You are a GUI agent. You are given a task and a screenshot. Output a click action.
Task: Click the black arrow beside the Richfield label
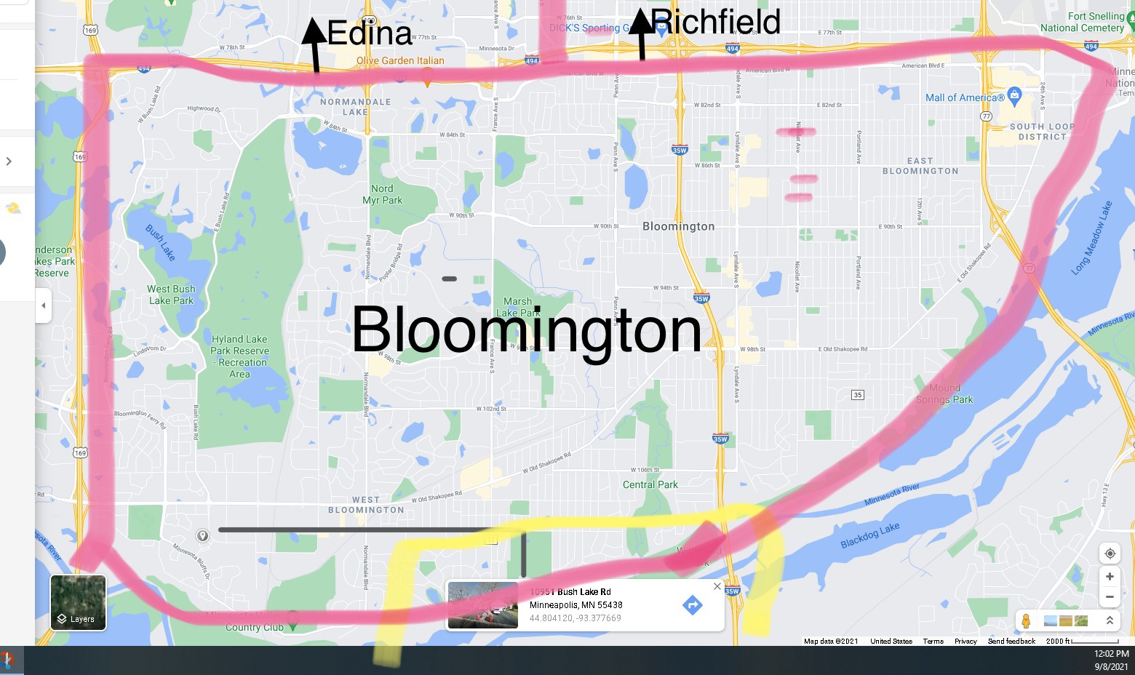click(x=641, y=33)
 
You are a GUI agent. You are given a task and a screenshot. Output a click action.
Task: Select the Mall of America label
click(x=965, y=97)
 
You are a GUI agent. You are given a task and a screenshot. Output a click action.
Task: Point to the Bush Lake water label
click(x=160, y=242)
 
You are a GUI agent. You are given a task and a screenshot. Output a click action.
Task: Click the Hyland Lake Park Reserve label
click(x=240, y=356)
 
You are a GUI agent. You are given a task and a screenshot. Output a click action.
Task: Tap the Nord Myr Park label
click(x=382, y=194)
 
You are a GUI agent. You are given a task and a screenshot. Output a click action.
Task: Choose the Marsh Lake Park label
click(x=517, y=307)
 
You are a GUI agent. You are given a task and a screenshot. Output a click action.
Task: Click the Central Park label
click(x=650, y=484)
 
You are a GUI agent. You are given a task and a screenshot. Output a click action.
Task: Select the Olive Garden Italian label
click(x=400, y=61)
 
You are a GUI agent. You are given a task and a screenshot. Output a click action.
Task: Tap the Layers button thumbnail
click(x=78, y=602)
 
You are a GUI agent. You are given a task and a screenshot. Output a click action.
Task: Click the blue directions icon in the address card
click(x=692, y=604)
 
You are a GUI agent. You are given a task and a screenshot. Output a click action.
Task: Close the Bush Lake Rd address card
click(x=717, y=586)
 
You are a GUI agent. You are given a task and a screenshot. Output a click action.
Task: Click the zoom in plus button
click(x=1110, y=577)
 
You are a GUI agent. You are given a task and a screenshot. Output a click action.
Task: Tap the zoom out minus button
click(x=1110, y=597)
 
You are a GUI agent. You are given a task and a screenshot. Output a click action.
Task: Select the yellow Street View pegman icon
click(x=1026, y=621)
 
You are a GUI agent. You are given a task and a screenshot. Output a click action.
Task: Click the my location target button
click(x=1110, y=554)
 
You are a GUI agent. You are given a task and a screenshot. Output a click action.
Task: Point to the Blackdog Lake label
click(x=870, y=535)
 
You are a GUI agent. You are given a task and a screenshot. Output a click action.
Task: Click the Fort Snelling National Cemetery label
click(x=1082, y=22)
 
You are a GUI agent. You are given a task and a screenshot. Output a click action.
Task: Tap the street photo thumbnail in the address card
click(x=483, y=605)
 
